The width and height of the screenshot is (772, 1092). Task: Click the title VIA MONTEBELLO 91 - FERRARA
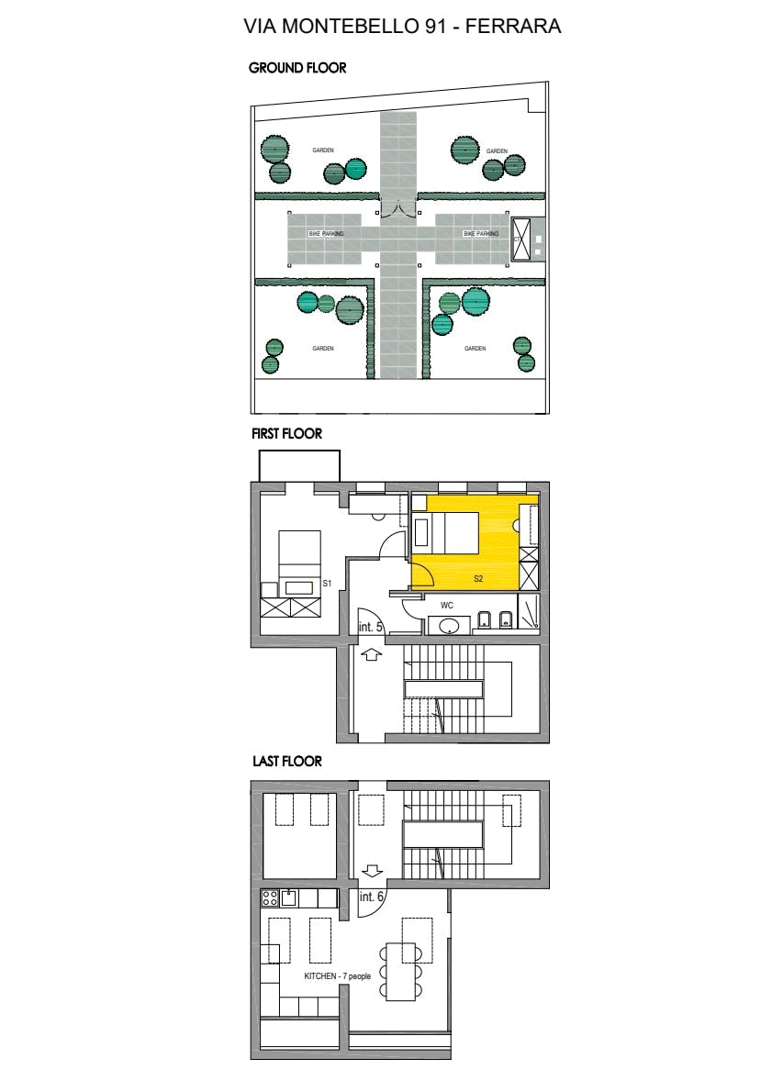[x=402, y=27]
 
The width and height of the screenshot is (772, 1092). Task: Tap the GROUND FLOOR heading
[x=297, y=68]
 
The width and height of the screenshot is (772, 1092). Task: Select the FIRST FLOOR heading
[x=286, y=433]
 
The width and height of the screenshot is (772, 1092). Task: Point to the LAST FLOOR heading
[x=286, y=762]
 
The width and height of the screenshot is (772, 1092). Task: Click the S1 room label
[x=327, y=583]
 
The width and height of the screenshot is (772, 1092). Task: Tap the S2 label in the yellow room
[x=478, y=579]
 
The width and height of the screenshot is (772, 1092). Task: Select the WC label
[x=447, y=606]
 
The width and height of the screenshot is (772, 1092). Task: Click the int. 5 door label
[x=370, y=627]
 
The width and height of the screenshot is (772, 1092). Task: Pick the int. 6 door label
[x=371, y=897]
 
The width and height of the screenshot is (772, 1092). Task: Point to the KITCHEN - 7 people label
[x=337, y=976]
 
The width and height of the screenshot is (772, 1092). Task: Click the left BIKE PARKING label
[x=326, y=235]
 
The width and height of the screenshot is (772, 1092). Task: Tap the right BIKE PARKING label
[x=481, y=235]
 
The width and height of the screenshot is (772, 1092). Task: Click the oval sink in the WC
[x=450, y=626]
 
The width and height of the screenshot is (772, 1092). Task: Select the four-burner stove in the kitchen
[x=270, y=898]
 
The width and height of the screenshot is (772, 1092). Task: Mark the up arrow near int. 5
[x=372, y=654]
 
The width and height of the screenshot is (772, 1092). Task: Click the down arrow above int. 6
[x=372, y=869]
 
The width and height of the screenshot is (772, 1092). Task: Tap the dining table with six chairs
[x=400, y=971]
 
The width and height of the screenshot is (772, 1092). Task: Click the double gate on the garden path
[x=397, y=210]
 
